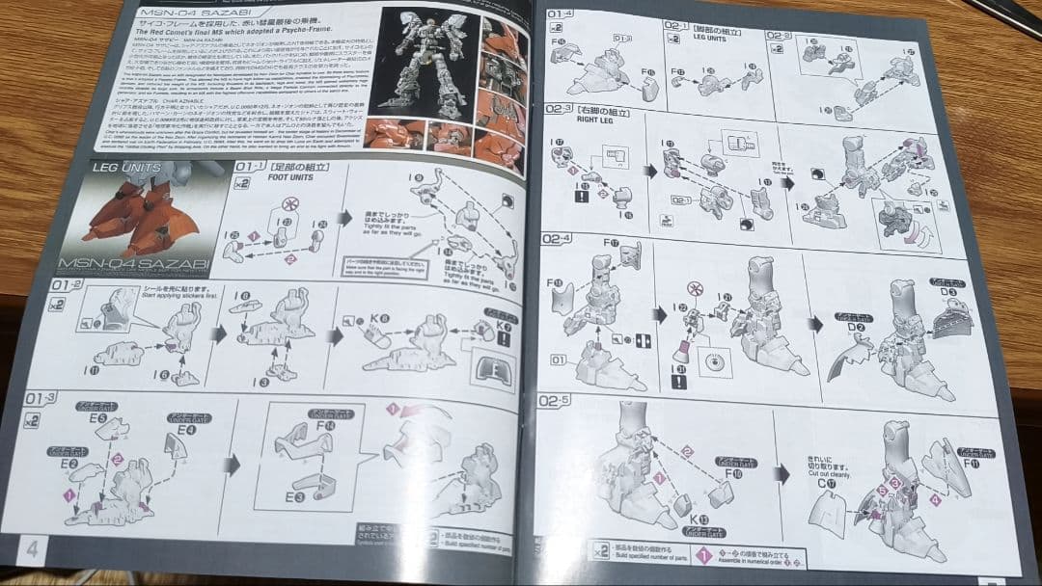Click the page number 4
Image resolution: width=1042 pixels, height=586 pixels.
coord(32,548)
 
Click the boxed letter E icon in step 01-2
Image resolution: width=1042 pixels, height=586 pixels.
coord(487,371)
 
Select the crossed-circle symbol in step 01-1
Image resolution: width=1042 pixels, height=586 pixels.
coord(287,205)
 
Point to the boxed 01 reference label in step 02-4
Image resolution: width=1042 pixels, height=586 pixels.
coord(559,360)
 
